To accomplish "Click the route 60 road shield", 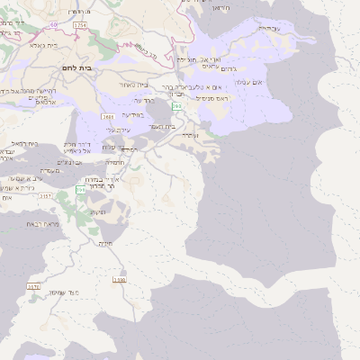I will (53, 23).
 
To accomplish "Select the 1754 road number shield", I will (81, 24).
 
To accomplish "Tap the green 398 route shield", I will (176, 106).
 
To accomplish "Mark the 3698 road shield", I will (120, 279).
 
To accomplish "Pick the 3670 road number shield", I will (33, 287).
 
